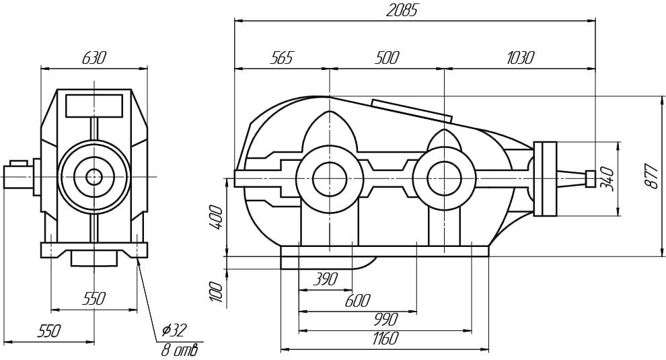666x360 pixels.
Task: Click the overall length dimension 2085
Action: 402,10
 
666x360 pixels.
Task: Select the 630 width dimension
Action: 93,57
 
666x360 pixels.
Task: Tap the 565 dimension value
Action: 282,57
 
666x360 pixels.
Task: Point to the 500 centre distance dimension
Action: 387,57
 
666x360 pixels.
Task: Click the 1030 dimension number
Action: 520,57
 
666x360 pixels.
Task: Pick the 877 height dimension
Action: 651,175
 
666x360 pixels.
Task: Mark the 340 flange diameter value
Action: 607,179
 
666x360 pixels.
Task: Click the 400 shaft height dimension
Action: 216,217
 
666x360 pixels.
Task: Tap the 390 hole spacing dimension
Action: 326,279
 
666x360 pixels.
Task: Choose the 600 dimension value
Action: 357,301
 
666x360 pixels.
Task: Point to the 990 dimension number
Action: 386,319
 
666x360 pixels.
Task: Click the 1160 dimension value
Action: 385,338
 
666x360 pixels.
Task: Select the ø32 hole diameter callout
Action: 174,330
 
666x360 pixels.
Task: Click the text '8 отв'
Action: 179,350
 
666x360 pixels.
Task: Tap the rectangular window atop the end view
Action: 94,106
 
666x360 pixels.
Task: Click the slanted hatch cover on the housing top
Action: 411,110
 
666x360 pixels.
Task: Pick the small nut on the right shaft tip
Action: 590,178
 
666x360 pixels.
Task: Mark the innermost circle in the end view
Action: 94,177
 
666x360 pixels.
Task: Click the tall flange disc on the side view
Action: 545,178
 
